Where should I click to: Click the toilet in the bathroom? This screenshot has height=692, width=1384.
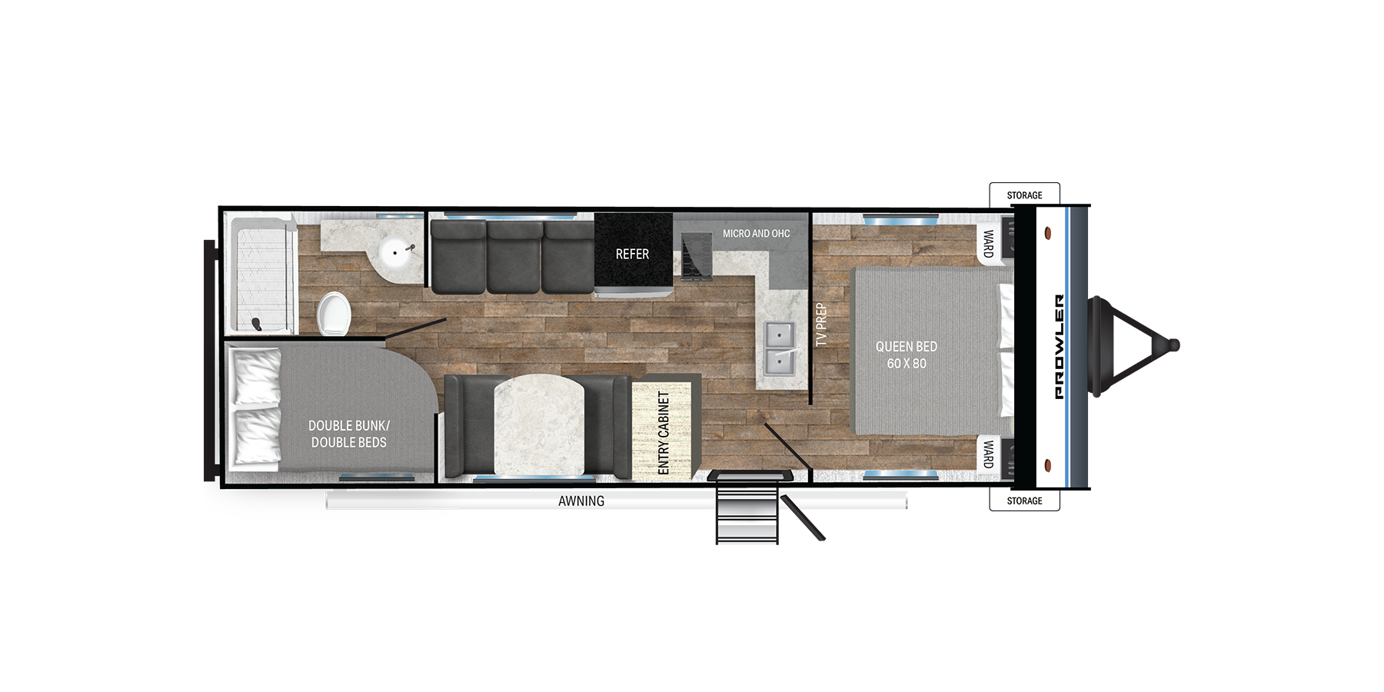click(x=334, y=314)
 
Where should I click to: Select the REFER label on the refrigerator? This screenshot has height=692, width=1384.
click(x=632, y=255)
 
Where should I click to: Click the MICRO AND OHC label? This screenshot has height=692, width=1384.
click(x=756, y=234)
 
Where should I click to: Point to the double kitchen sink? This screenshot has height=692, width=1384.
click(x=779, y=348)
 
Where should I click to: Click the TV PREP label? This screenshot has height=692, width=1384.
click(x=821, y=324)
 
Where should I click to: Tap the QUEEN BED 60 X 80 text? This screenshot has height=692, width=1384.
click(x=907, y=355)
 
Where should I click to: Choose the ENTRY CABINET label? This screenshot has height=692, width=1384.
click(x=664, y=432)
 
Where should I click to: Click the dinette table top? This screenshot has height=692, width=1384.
click(x=539, y=425)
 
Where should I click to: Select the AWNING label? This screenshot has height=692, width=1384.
click(x=581, y=501)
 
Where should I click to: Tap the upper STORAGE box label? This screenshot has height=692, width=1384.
click(x=1024, y=195)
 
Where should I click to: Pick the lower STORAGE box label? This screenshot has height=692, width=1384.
click(x=1024, y=501)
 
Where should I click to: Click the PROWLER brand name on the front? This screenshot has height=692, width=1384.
click(x=1060, y=347)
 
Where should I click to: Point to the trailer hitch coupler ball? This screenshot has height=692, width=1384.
click(x=1173, y=346)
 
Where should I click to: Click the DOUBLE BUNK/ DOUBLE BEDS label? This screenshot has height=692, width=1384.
click(x=349, y=434)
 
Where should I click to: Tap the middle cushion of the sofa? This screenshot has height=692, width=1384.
click(x=514, y=258)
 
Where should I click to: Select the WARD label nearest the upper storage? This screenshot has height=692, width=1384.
click(x=989, y=244)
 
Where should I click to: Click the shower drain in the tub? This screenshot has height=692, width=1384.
click(x=257, y=324)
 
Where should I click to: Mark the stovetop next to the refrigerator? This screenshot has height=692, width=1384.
click(x=697, y=256)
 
